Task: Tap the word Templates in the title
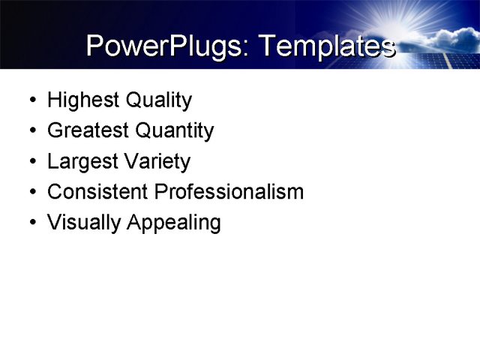point(326,46)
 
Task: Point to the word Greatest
point(88,130)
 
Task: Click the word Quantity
point(174,130)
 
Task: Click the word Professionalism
point(229,191)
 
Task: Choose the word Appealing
point(174,223)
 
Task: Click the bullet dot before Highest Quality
point(31,100)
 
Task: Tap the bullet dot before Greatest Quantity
point(31,131)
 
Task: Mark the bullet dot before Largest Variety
point(31,162)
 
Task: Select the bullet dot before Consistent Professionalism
point(31,192)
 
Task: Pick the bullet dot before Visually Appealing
point(31,223)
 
